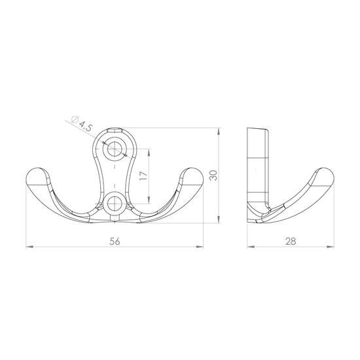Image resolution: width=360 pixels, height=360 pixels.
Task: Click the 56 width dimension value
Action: click(x=115, y=242)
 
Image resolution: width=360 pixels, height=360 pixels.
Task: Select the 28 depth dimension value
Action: click(x=291, y=242)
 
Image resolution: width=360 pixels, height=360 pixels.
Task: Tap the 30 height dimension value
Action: click(x=213, y=175)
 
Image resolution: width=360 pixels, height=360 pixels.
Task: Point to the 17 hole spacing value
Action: click(x=143, y=175)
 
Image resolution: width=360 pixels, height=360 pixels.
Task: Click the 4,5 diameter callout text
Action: click(x=85, y=127)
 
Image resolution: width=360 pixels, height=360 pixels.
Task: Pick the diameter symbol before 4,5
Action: click(x=75, y=120)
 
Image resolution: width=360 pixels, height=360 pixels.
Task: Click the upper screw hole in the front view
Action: click(x=115, y=149)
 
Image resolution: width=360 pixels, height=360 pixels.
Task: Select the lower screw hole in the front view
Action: click(x=115, y=204)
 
